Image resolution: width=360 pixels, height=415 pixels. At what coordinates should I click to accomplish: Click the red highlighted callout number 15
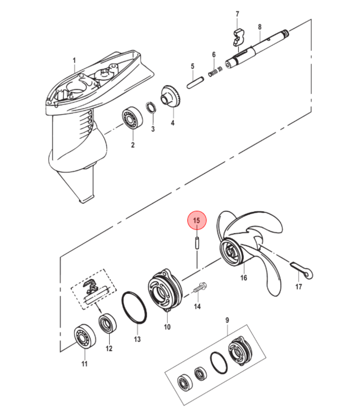pos(197,220)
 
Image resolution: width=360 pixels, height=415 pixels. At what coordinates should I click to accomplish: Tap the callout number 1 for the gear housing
pos(74,60)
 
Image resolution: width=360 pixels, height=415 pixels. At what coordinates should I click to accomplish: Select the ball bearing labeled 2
pos(132,117)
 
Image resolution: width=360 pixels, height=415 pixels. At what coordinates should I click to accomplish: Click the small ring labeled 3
pos(151,108)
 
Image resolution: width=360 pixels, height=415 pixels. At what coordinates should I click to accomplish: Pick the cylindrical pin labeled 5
pos(196,82)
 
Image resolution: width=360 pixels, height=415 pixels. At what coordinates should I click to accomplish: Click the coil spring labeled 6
pos(215,72)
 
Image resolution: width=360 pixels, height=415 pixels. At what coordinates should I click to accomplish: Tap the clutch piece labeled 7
pos(239,38)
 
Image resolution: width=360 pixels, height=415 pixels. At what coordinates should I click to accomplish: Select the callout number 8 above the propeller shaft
pos(260,27)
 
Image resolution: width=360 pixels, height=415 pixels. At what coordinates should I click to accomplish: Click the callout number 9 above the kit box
pos(227,320)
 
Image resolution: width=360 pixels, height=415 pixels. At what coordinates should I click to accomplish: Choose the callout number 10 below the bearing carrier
pos(167,327)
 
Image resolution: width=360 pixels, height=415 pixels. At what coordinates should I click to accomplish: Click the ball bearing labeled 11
pos(85,336)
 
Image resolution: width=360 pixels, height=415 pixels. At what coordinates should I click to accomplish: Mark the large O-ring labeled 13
pos(134,308)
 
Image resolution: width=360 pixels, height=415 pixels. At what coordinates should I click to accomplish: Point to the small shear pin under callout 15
pos(197,243)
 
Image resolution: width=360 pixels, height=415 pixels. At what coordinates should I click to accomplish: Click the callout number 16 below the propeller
pos(244,278)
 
